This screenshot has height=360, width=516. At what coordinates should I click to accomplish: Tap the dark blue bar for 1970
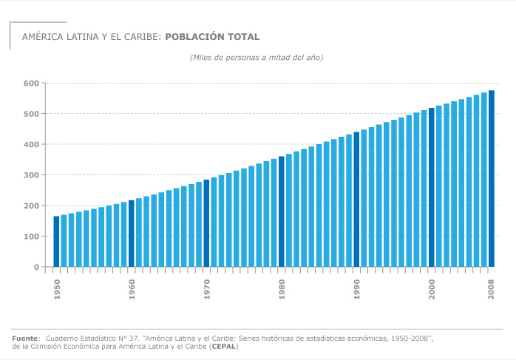coord(206,223)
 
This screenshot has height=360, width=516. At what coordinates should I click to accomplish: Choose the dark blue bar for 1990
coord(356,199)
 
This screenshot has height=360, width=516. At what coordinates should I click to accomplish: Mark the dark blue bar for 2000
coord(432,187)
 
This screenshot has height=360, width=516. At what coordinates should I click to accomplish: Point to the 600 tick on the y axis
coord(30,84)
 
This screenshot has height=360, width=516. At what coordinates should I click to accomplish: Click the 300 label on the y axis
coord(30,175)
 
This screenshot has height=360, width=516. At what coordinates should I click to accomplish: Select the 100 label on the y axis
coord(30,237)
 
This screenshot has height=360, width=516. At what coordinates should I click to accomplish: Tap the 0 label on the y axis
coord(35,267)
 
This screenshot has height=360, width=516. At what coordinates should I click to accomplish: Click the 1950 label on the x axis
coord(57,291)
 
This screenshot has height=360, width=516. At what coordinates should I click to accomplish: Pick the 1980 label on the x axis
coord(282,291)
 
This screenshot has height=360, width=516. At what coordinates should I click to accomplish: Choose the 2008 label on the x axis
coord(492,291)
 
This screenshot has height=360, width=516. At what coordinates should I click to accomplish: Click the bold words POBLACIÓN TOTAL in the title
coord(212,36)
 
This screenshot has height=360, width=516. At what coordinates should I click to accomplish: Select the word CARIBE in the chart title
coord(140,36)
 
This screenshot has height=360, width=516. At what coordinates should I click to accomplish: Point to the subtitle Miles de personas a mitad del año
coord(256,57)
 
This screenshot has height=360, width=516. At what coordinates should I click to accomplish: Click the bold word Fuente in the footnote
coord(25,338)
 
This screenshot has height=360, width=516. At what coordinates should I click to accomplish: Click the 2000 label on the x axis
coord(432,291)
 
